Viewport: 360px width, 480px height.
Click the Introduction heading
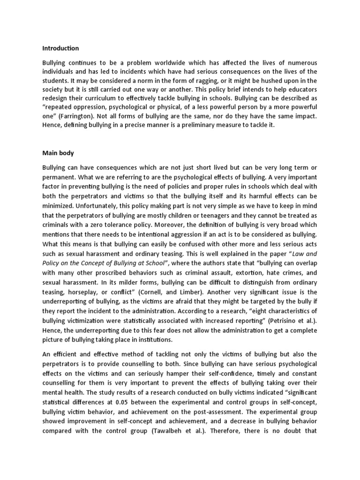(60, 48)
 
